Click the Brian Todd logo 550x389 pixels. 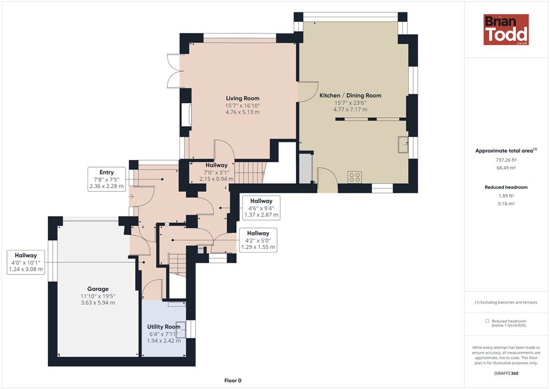[x=506, y=30]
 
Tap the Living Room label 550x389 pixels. [x=242, y=98]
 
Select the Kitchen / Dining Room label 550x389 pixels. [x=350, y=96]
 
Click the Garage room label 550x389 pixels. [x=98, y=289]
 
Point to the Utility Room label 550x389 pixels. [x=164, y=327]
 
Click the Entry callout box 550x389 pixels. [x=107, y=179]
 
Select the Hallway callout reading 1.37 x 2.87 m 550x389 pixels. [x=262, y=208]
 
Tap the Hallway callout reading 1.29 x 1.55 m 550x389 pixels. [x=258, y=240]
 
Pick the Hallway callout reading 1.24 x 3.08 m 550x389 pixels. [x=26, y=262]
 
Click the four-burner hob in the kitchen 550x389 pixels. [x=354, y=177]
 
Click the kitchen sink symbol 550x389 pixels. [x=403, y=144]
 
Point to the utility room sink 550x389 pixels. [x=180, y=329]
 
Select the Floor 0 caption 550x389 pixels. [x=233, y=380]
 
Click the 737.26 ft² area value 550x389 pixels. [x=506, y=160]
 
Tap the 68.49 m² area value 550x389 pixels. [x=506, y=168]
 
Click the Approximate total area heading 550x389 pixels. [x=506, y=150]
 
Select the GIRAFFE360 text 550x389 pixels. [x=506, y=373]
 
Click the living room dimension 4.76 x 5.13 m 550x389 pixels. [x=242, y=112]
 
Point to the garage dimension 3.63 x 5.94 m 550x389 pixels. [x=98, y=302]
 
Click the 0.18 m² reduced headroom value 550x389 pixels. [x=506, y=204]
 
